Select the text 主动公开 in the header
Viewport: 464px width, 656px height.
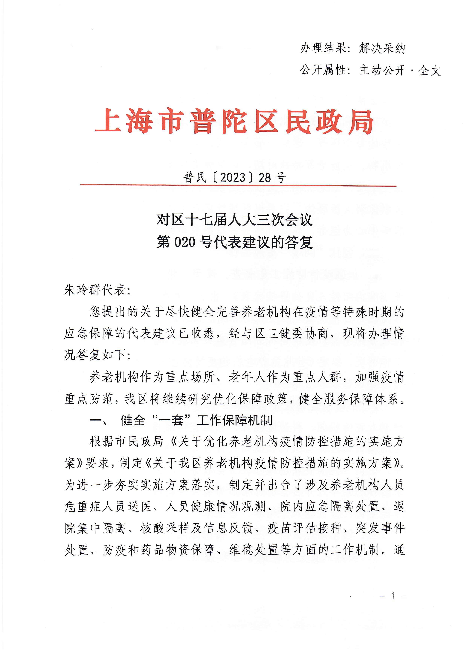pos(382,70)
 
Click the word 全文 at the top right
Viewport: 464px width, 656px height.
pos(429,70)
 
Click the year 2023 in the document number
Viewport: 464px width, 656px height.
pos(233,178)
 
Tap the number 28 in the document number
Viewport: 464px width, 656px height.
pos(265,178)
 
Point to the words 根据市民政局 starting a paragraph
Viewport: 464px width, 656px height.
pos(127,442)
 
